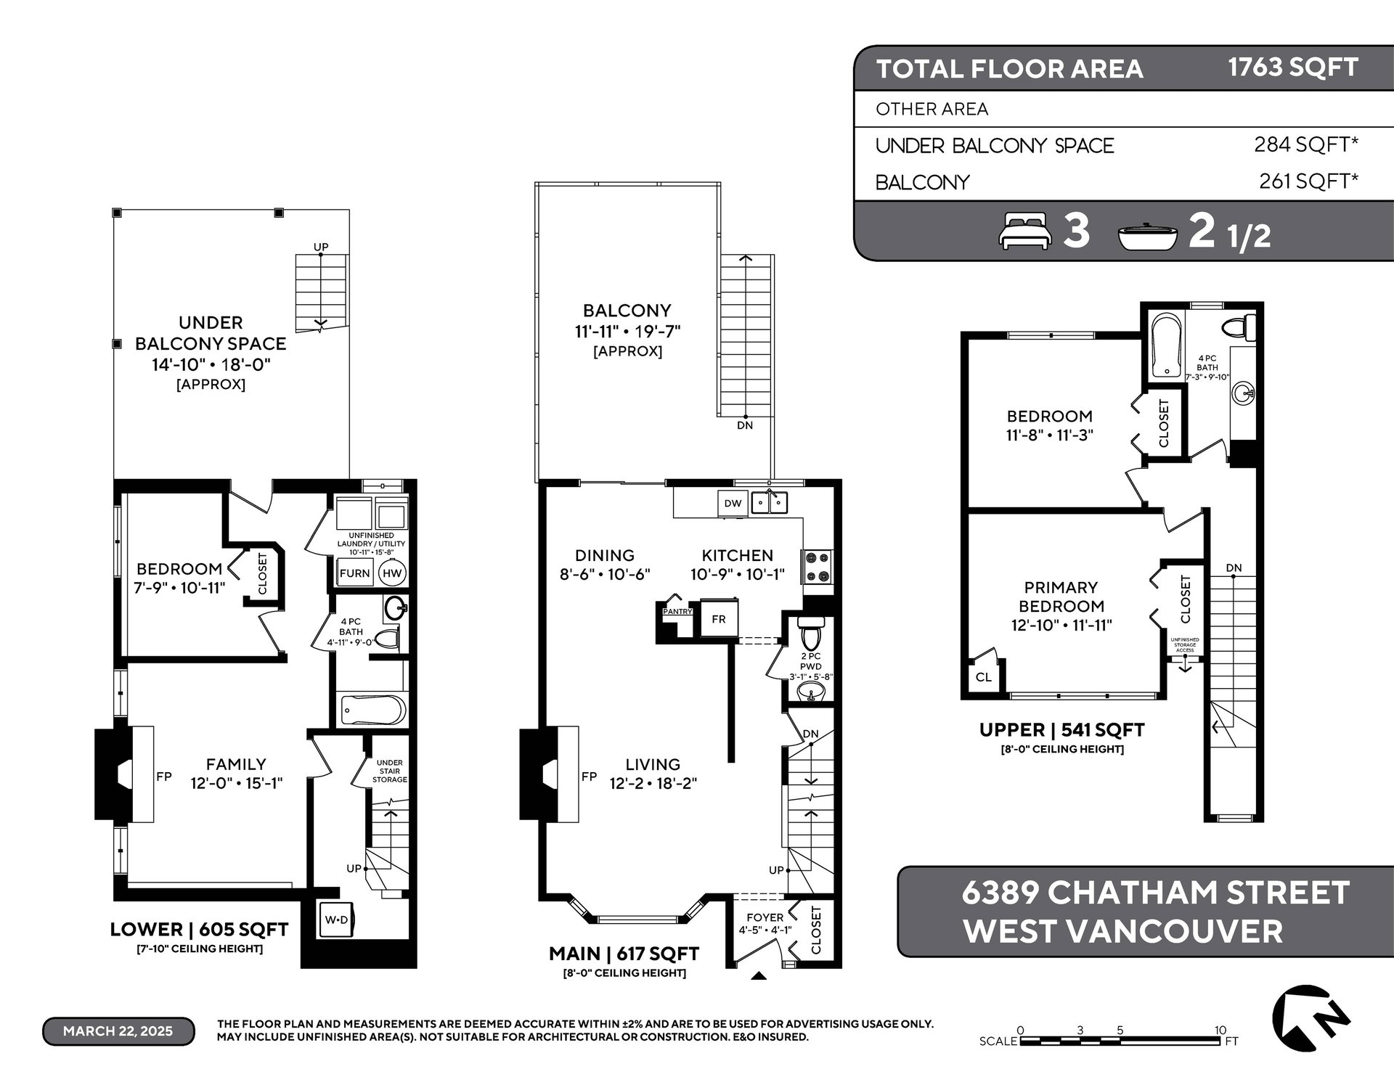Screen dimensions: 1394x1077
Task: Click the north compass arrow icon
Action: [1311, 1019]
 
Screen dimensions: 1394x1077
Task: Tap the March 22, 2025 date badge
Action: [118, 1031]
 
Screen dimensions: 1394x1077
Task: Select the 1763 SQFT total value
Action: [1292, 67]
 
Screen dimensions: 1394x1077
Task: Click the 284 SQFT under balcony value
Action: [1306, 144]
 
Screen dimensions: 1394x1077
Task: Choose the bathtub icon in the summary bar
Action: [1148, 237]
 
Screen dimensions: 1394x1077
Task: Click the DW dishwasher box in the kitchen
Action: [733, 504]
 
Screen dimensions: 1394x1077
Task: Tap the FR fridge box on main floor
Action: [719, 619]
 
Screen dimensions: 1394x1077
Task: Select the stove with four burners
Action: [817, 567]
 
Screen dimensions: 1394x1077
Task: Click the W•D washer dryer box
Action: [336, 920]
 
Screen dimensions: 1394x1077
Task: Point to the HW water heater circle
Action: [392, 573]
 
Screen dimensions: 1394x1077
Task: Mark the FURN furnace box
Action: [355, 573]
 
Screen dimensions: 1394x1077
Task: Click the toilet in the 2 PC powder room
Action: [810, 634]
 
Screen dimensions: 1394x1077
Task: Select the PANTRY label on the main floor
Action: [677, 611]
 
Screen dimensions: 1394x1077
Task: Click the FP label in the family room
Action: [164, 776]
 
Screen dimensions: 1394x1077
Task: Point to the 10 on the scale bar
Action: [1220, 1030]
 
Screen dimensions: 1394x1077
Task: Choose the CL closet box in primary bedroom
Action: [984, 677]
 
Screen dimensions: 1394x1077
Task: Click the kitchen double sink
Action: [770, 502]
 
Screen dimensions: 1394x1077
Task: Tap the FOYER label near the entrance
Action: [765, 917]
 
